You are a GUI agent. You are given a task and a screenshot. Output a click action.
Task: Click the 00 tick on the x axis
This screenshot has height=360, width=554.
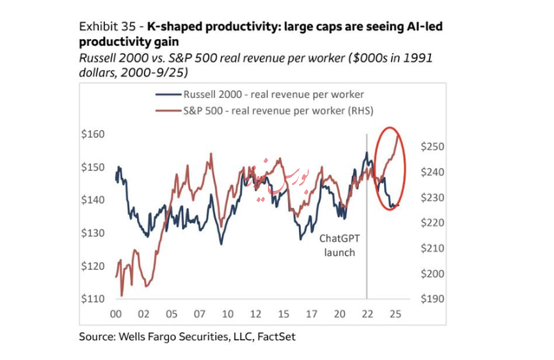click(114, 314)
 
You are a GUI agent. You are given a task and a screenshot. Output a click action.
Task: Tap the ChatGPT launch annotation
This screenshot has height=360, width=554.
click(341, 245)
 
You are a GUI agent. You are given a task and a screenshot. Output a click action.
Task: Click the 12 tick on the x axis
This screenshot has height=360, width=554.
click(255, 314)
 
